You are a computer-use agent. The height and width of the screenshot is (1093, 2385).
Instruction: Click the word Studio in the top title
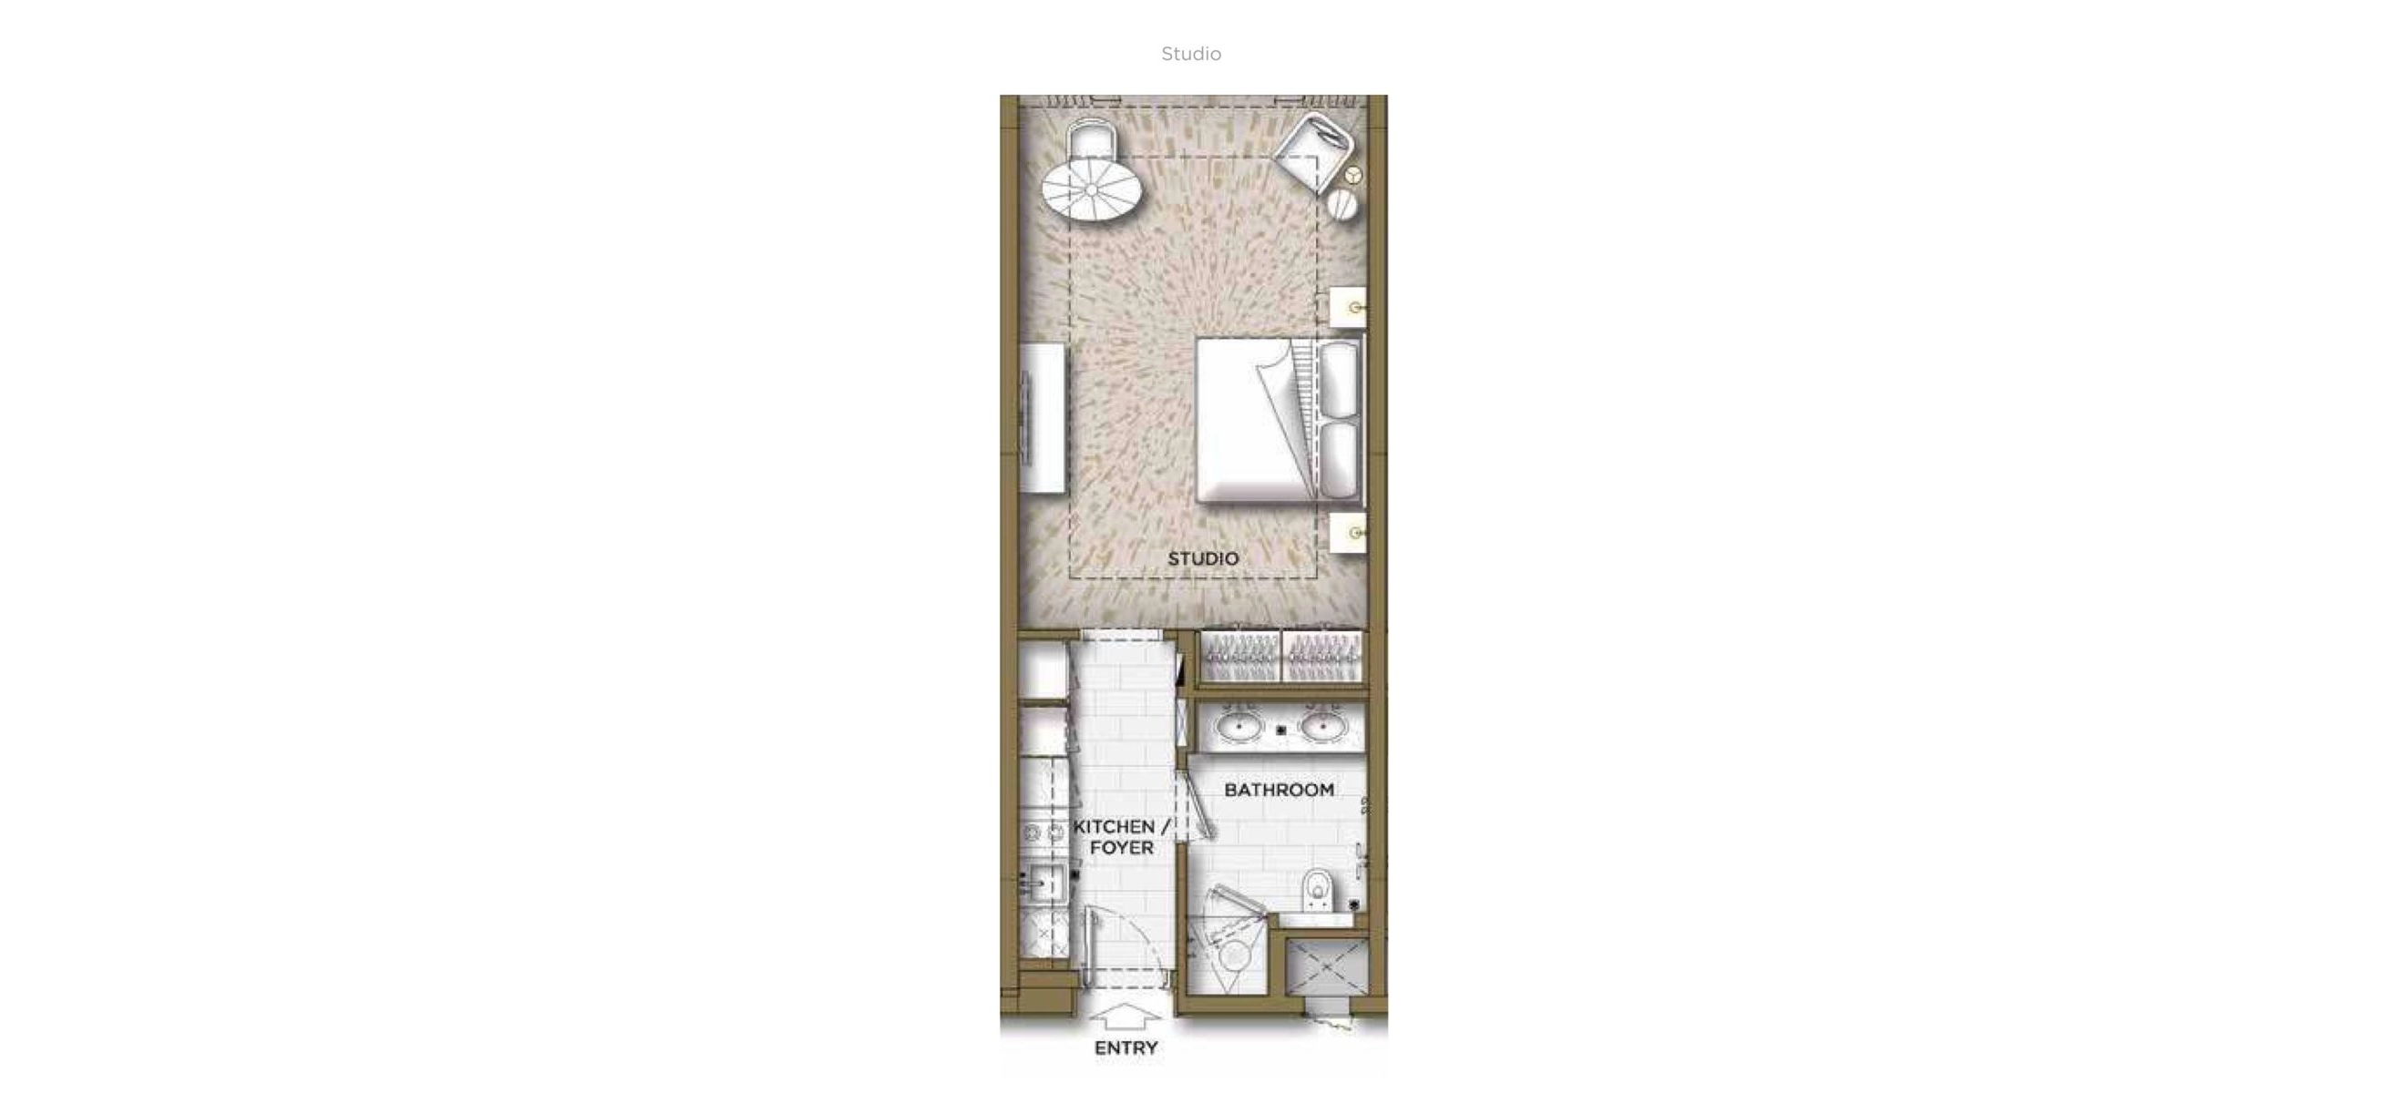point(1190,54)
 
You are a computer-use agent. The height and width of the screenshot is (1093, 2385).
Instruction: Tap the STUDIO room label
point(1203,559)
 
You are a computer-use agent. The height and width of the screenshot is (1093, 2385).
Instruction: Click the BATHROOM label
point(1279,790)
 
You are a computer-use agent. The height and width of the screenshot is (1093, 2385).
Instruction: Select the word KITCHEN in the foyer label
point(1114,826)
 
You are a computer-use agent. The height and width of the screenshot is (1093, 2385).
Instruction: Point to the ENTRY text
point(1126,1047)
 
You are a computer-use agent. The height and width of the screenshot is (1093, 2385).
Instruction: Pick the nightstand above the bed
point(1348,306)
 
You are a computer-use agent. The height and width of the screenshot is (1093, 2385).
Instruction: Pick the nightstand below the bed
point(1348,533)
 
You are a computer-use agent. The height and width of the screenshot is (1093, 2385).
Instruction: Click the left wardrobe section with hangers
point(1239,658)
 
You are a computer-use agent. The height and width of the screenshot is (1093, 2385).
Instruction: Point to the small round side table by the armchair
point(1342,205)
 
